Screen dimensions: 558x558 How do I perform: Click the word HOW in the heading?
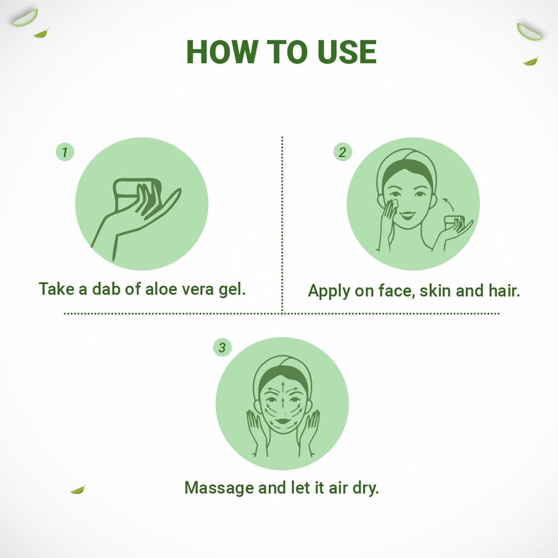pyautogui.click(x=222, y=52)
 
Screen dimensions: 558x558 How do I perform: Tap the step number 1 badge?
pyautogui.click(x=65, y=152)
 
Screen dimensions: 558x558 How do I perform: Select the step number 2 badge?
pyautogui.click(x=343, y=152)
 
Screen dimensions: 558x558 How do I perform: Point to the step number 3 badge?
pyautogui.click(x=222, y=347)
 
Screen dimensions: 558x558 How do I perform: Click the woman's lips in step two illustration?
pyautogui.click(x=408, y=215)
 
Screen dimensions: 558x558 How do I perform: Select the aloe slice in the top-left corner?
pyautogui.click(x=25, y=18)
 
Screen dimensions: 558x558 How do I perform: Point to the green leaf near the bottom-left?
pyautogui.click(x=78, y=489)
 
